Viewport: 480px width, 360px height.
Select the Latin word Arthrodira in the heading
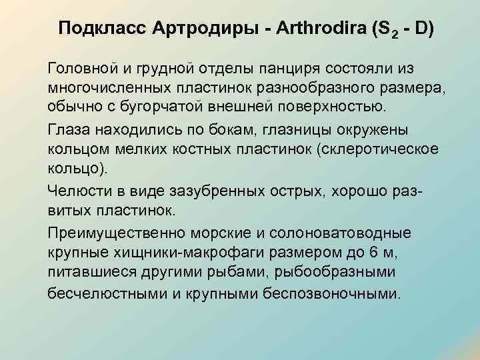(314, 29)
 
